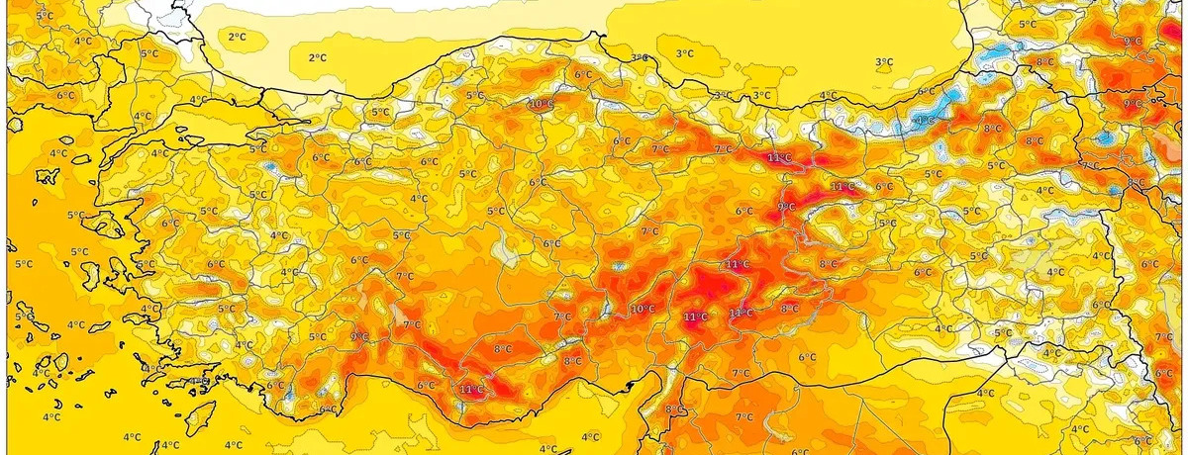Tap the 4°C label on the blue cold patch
click(x=924, y=121)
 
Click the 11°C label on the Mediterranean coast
click(x=472, y=390)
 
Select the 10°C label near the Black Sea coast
click(x=541, y=104)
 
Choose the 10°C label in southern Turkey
click(x=643, y=309)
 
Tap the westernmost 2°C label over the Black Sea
click(x=237, y=37)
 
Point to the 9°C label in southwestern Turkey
click(x=358, y=337)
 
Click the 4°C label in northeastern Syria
click(x=985, y=393)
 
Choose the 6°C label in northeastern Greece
click(x=65, y=95)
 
